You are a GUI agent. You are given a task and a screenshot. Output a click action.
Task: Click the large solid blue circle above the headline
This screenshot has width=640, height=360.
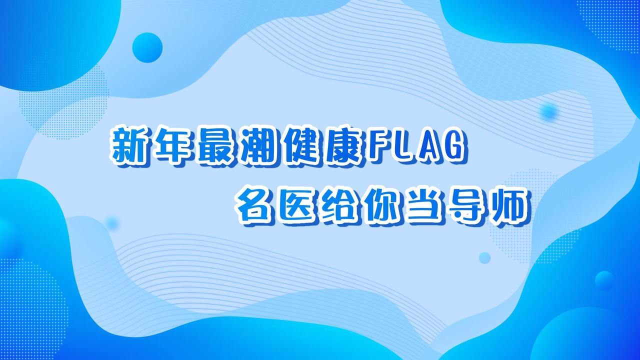click(147, 47)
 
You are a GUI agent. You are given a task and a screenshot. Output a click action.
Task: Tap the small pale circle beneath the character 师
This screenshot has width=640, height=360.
click(484, 258)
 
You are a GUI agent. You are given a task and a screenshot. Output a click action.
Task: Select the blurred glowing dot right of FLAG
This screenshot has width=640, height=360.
click(549, 111)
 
